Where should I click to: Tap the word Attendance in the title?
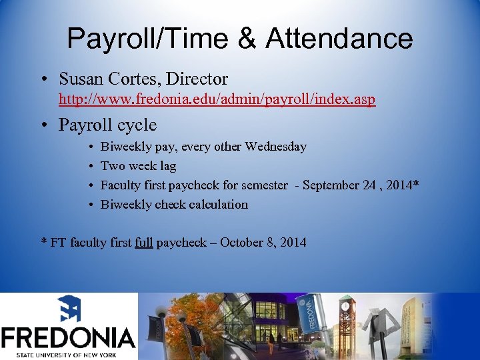pyautogui.click(x=339, y=39)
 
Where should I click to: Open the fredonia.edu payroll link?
pyautogui.click(x=217, y=100)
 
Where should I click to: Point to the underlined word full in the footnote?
pyautogui.click(x=143, y=243)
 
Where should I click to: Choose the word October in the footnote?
pyautogui.click(x=243, y=243)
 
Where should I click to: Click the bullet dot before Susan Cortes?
pyautogui.click(x=43, y=79)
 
